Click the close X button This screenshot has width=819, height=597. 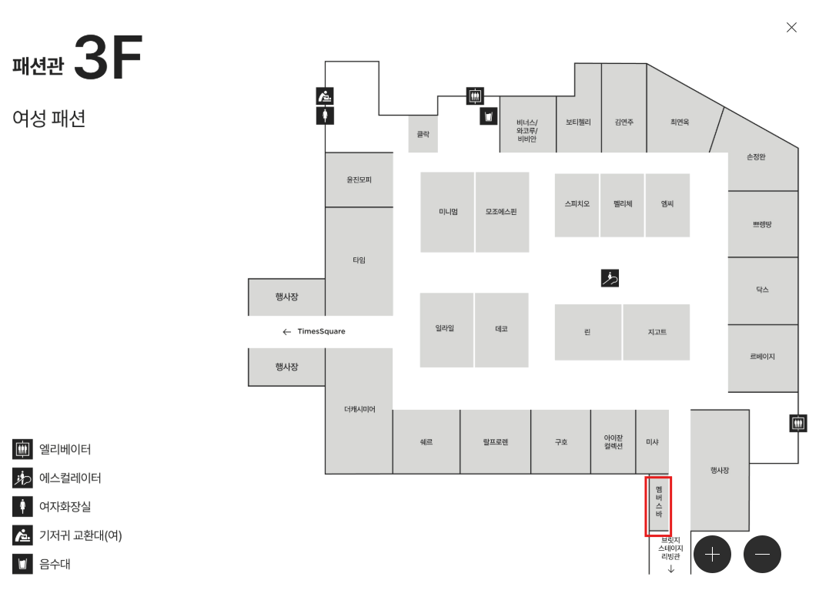click(791, 28)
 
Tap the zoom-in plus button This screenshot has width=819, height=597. click(712, 554)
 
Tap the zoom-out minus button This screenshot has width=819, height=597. click(763, 554)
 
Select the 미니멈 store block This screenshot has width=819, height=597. click(447, 212)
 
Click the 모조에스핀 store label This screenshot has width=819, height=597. click(501, 212)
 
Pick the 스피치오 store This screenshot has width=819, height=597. click(577, 204)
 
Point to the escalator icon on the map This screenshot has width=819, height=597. click(610, 279)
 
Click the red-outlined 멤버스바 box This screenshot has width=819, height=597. click(658, 506)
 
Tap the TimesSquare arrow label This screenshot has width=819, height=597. click(314, 331)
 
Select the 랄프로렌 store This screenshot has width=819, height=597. click(495, 442)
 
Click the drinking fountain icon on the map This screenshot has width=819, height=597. click(488, 116)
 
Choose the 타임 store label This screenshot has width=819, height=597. click(359, 260)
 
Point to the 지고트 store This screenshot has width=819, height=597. click(657, 332)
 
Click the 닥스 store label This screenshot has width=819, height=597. click(762, 290)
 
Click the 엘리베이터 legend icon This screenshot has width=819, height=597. click(22, 449)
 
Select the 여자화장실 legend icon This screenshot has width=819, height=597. click(22, 507)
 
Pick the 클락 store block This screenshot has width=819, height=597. click(423, 134)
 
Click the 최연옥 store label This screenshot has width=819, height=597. click(680, 122)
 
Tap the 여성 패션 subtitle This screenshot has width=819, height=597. click(48, 119)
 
